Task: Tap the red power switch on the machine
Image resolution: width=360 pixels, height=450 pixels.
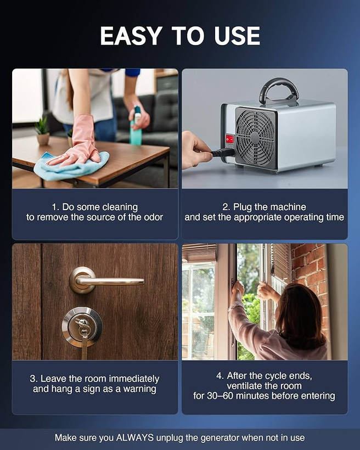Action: (229, 139)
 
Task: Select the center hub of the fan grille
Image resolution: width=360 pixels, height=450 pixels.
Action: (255, 137)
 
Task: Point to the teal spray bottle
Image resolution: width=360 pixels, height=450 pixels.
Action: (136, 126)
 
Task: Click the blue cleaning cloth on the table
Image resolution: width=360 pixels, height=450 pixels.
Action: (71, 166)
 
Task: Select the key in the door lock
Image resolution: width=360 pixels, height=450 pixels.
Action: (83, 336)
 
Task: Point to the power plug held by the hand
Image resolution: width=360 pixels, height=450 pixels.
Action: (222, 153)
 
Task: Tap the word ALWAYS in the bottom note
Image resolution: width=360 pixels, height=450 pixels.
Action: (134, 438)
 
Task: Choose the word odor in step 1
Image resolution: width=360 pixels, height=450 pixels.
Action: (153, 217)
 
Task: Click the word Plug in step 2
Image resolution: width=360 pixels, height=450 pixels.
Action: (240, 207)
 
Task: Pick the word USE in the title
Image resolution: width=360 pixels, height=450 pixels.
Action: (237, 36)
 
